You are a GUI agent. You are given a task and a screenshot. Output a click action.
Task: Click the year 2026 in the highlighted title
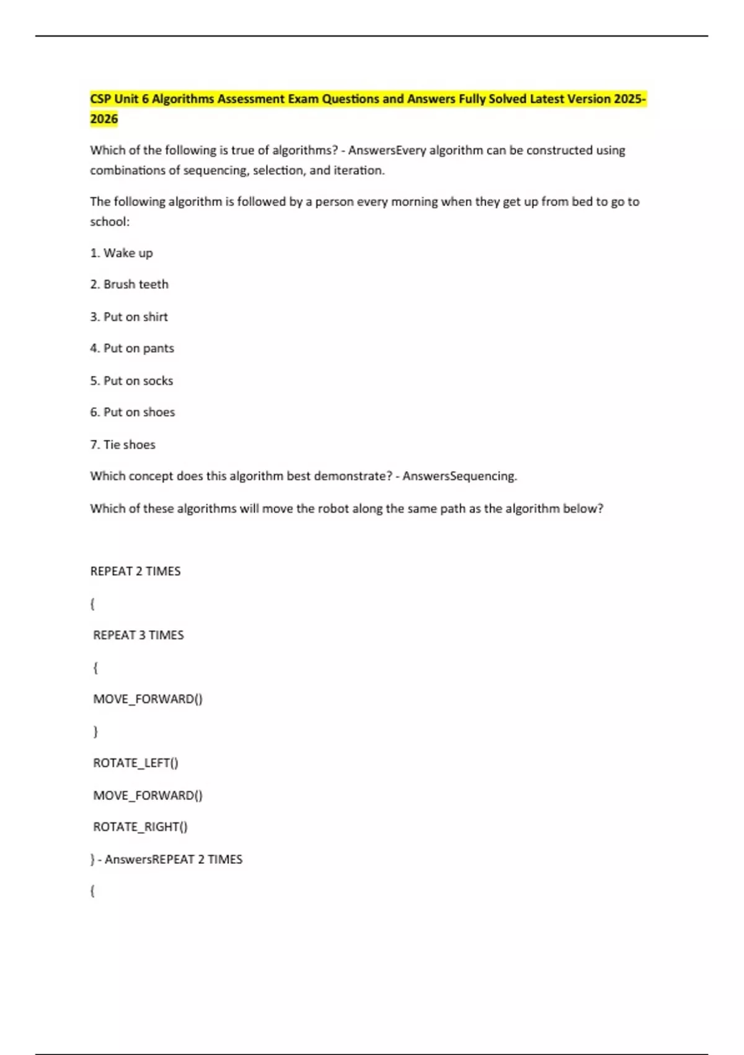(104, 119)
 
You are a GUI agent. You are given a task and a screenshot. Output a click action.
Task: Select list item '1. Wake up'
(122, 253)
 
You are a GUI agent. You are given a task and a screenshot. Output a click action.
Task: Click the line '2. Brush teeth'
(129, 284)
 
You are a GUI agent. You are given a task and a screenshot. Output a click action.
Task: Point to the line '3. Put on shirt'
(129, 317)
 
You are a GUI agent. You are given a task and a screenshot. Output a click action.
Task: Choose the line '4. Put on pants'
(132, 349)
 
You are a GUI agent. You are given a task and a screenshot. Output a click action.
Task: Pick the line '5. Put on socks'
(131, 381)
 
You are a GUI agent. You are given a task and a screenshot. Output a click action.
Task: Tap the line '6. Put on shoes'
(133, 413)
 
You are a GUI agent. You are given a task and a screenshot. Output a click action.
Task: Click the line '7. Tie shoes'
(123, 445)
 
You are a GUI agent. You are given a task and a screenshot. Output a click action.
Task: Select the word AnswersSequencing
(459, 477)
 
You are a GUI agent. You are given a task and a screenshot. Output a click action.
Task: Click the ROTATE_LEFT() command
(136, 763)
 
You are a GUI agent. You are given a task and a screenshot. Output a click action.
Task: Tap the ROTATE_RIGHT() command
(140, 827)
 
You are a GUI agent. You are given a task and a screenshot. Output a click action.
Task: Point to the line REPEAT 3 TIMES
(138, 635)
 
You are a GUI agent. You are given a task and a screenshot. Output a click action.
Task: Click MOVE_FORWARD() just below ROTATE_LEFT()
(148, 796)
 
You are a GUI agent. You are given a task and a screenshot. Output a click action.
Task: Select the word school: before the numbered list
(110, 222)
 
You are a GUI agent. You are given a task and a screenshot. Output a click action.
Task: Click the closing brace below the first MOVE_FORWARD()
(95, 732)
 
